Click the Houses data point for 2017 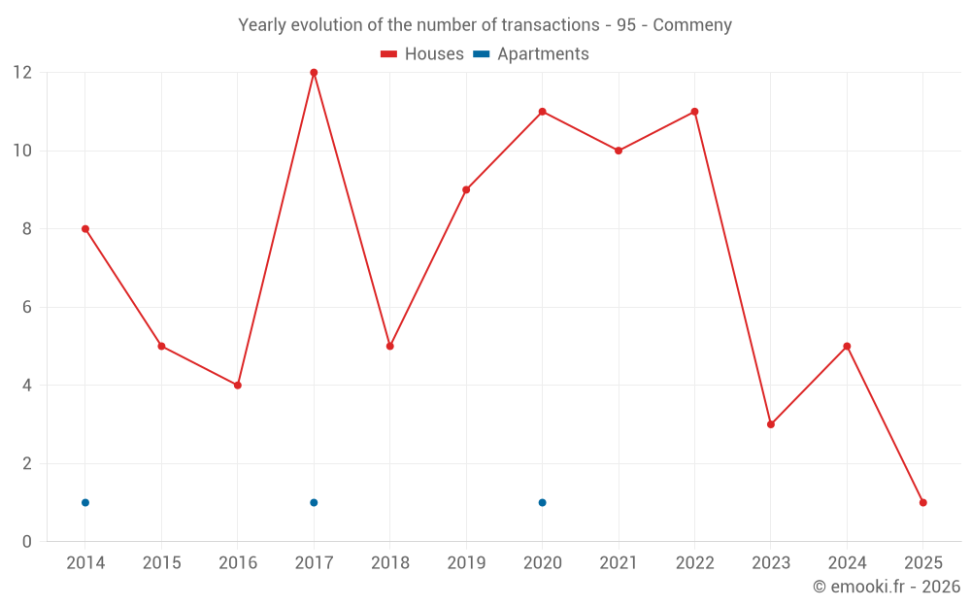314,73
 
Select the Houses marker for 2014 85,229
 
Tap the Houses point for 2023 771,424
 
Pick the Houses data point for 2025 923,502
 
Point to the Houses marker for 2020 542,112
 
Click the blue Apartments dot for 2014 85,502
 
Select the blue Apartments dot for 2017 314,502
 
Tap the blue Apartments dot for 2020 542,502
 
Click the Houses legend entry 422,54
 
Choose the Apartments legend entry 531,54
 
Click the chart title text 485,25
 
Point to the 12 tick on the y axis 21,73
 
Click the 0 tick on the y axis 26,542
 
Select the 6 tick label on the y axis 26,307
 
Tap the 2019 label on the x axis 466,563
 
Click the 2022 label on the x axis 694,563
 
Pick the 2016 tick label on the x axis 238,563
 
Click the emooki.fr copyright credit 886,587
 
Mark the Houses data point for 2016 238,386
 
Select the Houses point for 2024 847,346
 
